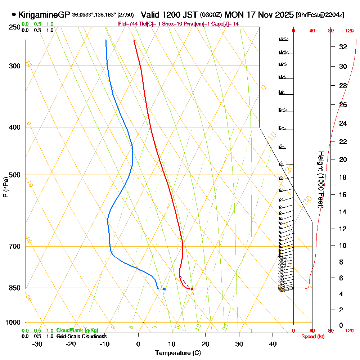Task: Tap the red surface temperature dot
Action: (x=192, y=289)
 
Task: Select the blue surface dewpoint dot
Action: (x=164, y=289)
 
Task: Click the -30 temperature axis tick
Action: (x=37, y=344)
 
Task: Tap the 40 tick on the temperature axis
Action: (x=273, y=344)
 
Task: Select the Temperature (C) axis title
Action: (x=178, y=353)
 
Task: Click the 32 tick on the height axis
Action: (x=343, y=47)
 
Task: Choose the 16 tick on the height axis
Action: (x=343, y=195)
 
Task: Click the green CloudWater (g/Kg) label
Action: (x=77, y=330)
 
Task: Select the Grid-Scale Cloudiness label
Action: (x=81, y=336)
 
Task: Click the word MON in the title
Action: (x=234, y=15)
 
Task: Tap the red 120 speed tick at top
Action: (x=349, y=31)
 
